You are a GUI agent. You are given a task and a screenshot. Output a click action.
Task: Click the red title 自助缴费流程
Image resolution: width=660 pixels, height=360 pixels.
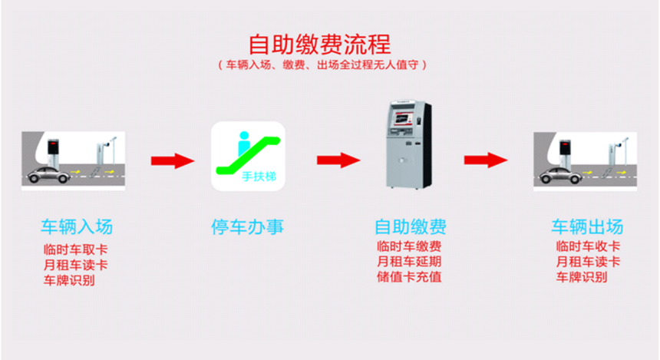[x=320, y=45]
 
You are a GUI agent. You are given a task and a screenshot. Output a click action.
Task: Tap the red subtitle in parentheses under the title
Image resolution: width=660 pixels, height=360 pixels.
[x=322, y=64]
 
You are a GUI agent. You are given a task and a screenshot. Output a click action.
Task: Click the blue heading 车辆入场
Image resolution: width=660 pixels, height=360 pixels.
[x=77, y=226]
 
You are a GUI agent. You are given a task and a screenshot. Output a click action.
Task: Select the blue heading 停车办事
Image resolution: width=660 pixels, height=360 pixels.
[x=247, y=226]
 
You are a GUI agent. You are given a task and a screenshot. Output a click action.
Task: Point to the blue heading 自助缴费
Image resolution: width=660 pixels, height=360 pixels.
[x=411, y=226]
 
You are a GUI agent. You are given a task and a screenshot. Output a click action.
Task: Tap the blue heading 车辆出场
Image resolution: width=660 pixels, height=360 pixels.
[x=587, y=226]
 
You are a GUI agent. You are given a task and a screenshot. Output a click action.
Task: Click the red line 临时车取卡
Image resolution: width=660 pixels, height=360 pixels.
[x=76, y=249]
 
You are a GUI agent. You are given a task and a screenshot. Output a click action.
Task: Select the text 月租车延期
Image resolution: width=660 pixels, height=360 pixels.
[x=409, y=262]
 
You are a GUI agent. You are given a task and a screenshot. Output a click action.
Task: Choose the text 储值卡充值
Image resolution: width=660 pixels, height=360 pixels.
[x=409, y=277]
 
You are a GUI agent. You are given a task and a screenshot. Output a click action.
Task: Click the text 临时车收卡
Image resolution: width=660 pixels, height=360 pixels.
[x=588, y=246]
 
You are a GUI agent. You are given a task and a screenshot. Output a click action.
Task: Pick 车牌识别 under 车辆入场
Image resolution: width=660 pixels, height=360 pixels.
[x=69, y=280]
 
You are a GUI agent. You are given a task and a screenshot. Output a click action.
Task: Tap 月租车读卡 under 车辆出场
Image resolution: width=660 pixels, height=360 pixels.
[x=588, y=262]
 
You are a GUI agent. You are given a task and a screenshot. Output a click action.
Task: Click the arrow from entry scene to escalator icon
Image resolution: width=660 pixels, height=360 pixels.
[x=173, y=161]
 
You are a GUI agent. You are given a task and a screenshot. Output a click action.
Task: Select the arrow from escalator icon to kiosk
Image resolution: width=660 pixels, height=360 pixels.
[x=338, y=160]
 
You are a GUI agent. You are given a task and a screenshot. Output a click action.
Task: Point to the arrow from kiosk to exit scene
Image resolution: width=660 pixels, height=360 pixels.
[x=486, y=160]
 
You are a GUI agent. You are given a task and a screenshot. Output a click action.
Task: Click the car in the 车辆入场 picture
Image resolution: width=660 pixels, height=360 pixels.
[x=48, y=175]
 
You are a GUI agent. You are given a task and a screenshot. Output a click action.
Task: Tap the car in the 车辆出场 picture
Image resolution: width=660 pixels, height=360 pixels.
[x=561, y=175]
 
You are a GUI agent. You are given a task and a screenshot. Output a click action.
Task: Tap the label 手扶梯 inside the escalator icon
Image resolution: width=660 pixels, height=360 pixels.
[x=259, y=177]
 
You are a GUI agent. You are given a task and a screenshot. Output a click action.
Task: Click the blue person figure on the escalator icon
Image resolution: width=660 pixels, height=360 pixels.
[x=244, y=144]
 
